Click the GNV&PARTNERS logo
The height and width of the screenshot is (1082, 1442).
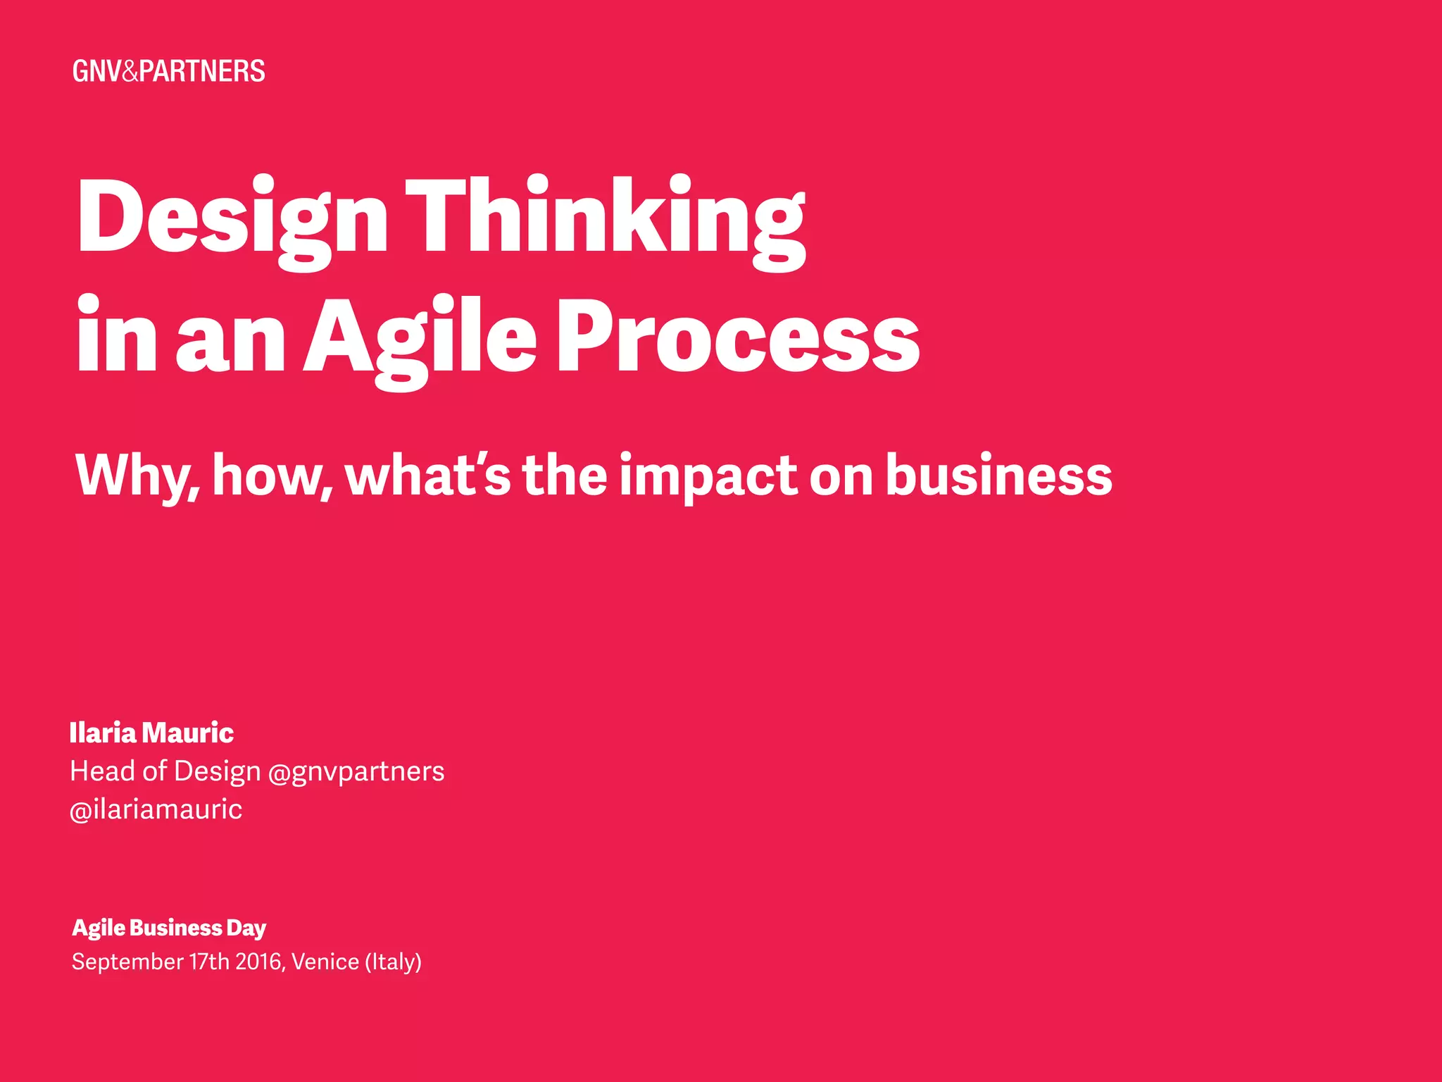point(169,71)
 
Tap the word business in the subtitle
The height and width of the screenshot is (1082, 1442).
point(998,475)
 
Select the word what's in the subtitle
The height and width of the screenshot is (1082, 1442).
point(428,475)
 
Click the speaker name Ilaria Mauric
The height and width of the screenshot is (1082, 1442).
point(151,733)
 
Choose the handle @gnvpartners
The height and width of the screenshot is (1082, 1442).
point(356,771)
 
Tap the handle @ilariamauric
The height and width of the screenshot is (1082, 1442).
point(156,809)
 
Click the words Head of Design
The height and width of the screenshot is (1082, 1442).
point(165,771)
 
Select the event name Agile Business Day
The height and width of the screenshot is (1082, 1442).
point(169,928)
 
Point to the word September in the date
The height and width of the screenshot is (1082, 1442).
point(127,962)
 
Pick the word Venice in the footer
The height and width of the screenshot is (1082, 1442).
point(325,962)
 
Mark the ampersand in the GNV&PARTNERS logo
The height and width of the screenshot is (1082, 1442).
point(130,71)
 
